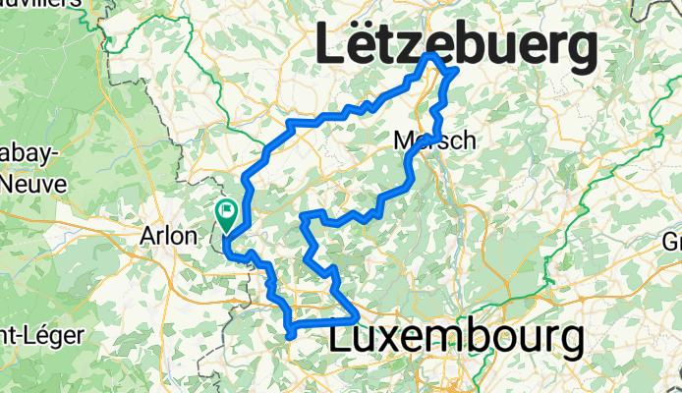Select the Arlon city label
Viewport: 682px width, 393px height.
169,237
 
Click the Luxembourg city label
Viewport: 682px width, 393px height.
457,337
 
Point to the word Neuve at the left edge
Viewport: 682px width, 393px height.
32,183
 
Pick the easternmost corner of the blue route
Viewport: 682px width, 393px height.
456,72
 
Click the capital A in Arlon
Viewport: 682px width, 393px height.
150,237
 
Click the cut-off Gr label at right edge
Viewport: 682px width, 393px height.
672,242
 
